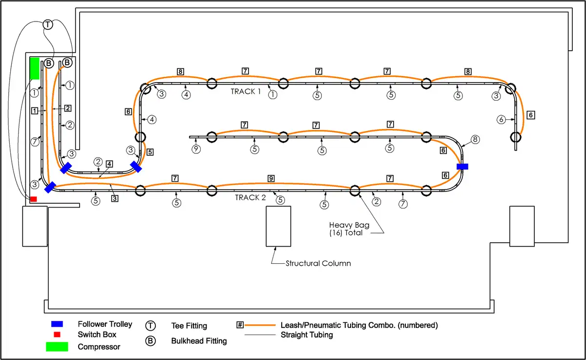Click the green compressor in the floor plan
pos(35,68)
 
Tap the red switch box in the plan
pos(33,199)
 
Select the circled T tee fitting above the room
pos(47,24)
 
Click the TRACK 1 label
pos(246,91)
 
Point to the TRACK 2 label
pos(250,197)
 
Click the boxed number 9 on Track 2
pos(271,179)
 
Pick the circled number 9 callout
pos(196,149)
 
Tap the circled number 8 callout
pos(476,139)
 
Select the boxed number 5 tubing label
pos(150,152)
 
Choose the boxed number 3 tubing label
pos(114,199)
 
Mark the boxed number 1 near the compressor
pos(35,111)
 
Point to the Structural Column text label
pos(318,263)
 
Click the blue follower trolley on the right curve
pos(462,167)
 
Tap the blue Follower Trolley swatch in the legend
pos(57,324)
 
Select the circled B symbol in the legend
pos(151,341)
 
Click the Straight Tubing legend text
pos(307,335)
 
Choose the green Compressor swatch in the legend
pos(57,347)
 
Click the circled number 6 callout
pos(501,119)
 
